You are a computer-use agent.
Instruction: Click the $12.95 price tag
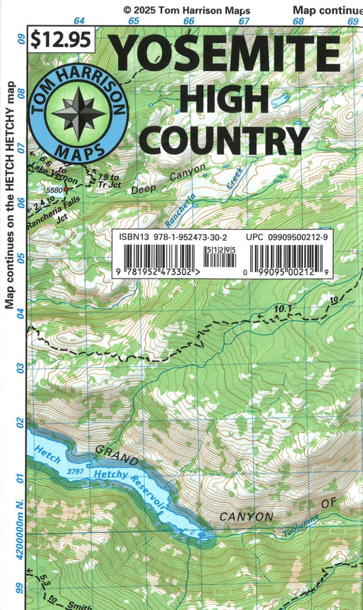(61, 40)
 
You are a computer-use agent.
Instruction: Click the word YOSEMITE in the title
(224, 54)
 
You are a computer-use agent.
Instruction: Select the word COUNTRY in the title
(227, 139)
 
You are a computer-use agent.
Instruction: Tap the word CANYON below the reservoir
(246, 517)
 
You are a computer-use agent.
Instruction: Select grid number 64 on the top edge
(80, 21)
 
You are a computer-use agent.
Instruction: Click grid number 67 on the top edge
(244, 21)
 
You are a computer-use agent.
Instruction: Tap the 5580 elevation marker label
(54, 189)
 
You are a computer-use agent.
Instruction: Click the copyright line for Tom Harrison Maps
(187, 10)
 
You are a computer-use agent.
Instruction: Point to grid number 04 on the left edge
(20, 313)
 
